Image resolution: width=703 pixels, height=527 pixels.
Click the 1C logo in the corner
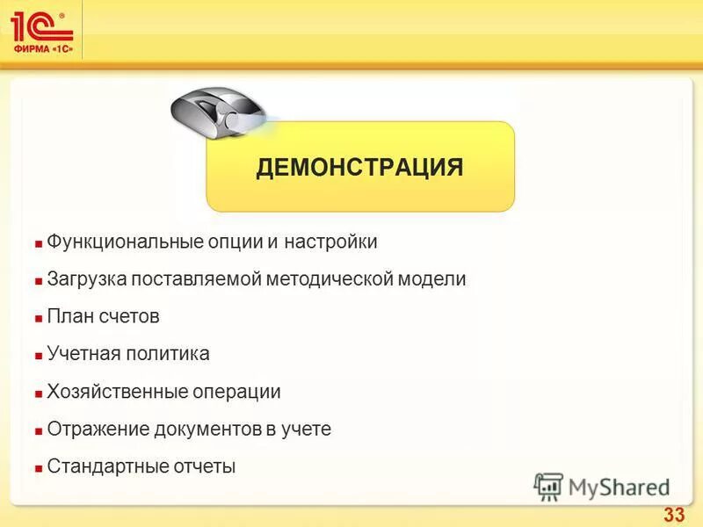[41, 30]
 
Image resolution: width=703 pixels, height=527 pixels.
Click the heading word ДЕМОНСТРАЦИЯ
[359, 168]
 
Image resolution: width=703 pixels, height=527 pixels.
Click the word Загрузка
[86, 279]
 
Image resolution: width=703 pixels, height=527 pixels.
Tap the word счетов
[129, 316]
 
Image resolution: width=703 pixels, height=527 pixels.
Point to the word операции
[236, 392]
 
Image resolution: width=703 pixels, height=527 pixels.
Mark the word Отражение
[92, 430]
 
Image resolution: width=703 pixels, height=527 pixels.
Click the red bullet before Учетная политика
[39, 356]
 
